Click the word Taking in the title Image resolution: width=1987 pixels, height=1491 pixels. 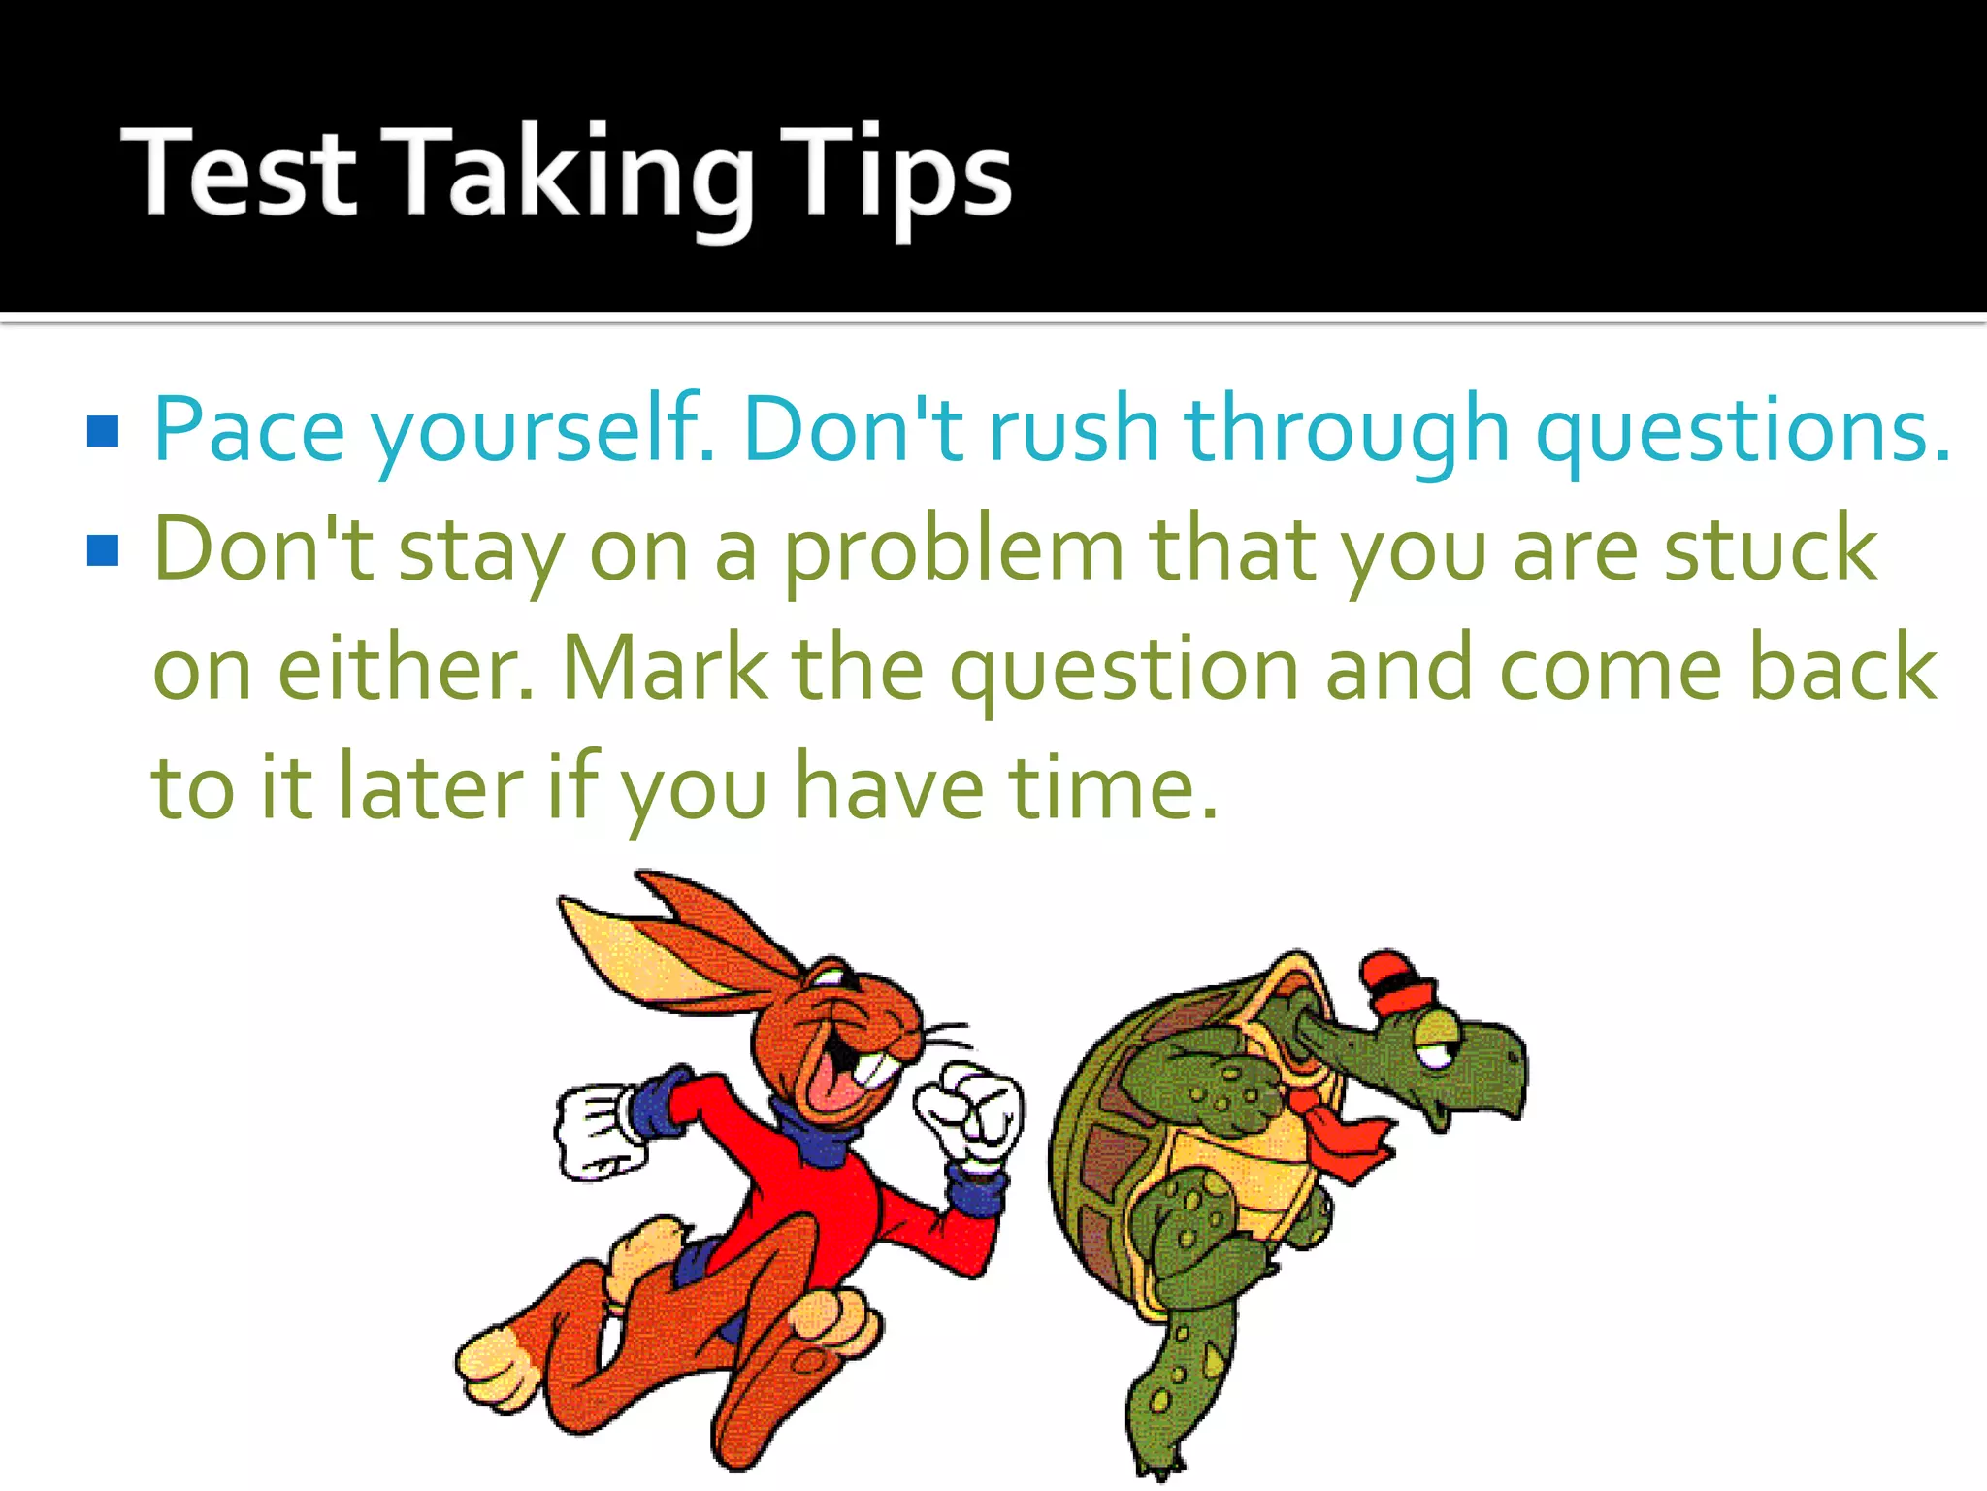(572, 175)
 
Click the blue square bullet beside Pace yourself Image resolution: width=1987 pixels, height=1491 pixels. (103, 431)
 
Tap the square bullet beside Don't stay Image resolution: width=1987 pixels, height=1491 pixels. (103, 550)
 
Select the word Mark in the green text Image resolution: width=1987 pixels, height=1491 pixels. (665, 668)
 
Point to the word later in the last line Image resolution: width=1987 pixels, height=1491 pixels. (431, 787)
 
